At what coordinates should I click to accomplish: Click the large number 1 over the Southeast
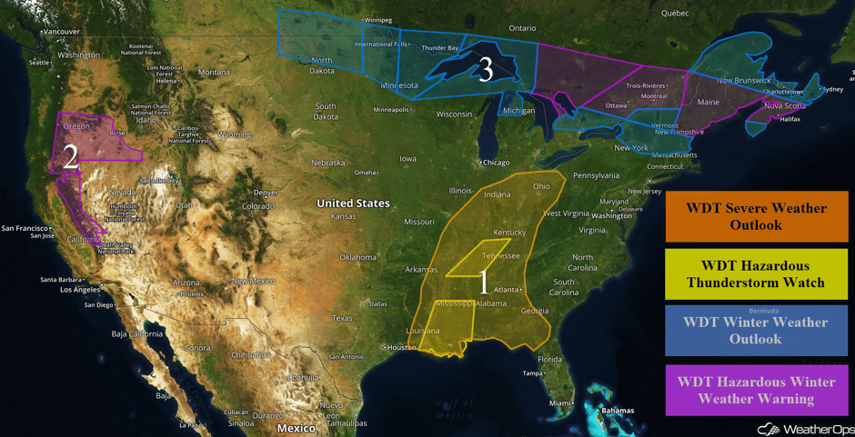[484, 282]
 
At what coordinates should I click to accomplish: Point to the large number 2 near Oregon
[70, 157]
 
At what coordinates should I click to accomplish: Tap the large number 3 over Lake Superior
[486, 69]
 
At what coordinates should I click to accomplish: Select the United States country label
[353, 204]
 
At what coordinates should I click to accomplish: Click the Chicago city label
[497, 163]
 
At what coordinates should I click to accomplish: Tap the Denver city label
[267, 193]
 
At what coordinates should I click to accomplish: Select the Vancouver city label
[61, 32]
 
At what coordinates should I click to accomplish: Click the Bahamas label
[618, 411]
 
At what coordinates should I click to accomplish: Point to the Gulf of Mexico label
[455, 409]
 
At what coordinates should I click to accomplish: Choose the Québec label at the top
[675, 13]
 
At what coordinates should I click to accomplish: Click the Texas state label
[342, 318]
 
